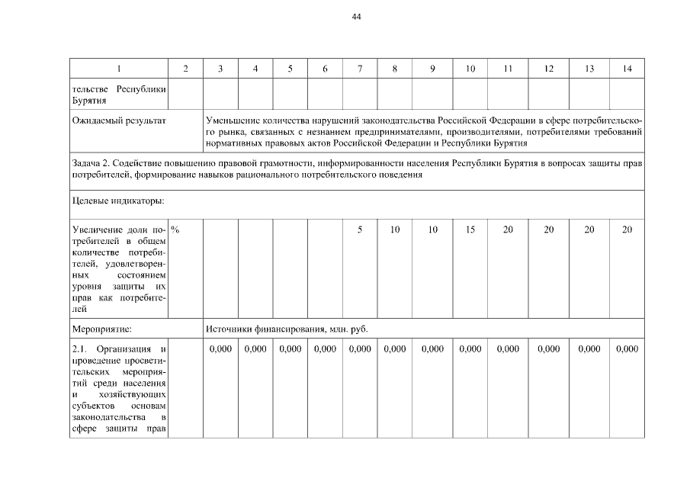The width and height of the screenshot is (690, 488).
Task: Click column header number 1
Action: click(x=118, y=69)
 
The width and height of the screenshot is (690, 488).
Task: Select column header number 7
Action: click(x=359, y=69)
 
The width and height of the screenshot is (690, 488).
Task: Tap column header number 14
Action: click(x=627, y=69)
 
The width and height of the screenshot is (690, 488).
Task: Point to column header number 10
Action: click(x=470, y=69)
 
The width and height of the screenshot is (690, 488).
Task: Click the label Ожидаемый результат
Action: click(x=118, y=121)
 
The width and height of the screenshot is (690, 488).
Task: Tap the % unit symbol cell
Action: click(x=175, y=229)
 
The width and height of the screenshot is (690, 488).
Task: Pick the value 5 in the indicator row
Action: click(x=359, y=230)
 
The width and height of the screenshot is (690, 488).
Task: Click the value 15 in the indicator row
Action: click(x=470, y=230)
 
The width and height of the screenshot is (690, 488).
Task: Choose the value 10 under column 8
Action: click(x=395, y=230)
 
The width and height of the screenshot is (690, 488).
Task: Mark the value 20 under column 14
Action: click(x=627, y=230)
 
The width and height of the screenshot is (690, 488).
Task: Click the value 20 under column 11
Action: click(x=508, y=230)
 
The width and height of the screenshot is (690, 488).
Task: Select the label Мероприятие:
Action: click(x=102, y=330)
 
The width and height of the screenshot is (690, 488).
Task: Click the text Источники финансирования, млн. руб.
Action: click(x=287, y=330)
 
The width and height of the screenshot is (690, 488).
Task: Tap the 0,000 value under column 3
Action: click(x=220, y=349)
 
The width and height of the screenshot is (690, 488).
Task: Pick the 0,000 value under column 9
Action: click(x=432, y=349)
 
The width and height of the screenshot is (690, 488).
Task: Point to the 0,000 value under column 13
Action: click(x=589, y=349)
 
